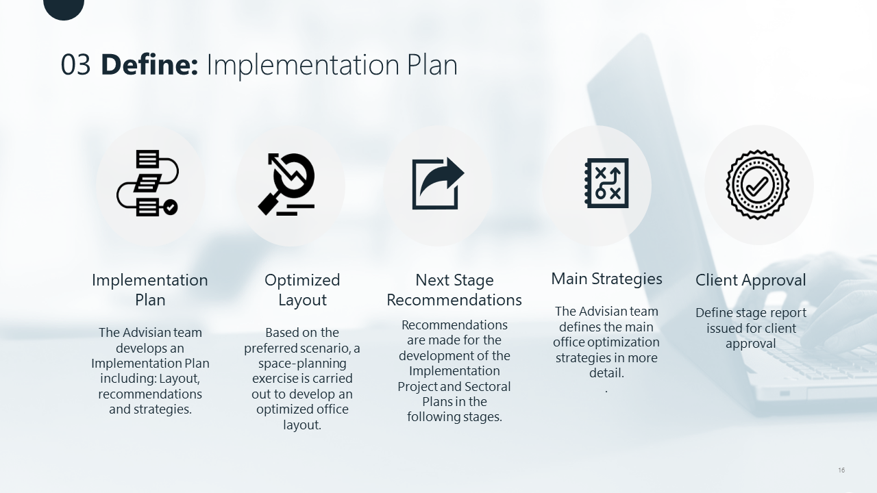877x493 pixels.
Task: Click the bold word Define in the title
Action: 149,64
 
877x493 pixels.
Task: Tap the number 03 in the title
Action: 75,65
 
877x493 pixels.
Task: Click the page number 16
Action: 841,470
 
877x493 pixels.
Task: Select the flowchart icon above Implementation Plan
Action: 147,183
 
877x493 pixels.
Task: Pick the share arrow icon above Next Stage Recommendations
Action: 438,184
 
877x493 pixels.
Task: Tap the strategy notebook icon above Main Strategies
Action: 606,183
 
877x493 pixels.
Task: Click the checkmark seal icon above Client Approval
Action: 758,185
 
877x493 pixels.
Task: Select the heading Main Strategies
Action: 606,279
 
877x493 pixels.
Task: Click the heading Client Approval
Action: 750,281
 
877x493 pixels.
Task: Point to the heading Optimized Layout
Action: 302,290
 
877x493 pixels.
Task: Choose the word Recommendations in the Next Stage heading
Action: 454,300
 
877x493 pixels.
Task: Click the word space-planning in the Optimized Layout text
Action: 302,364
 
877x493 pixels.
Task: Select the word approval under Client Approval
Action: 750,344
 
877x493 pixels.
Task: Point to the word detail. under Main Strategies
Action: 606,373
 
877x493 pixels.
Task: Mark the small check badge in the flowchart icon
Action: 171,207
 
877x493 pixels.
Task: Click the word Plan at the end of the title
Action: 432,65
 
